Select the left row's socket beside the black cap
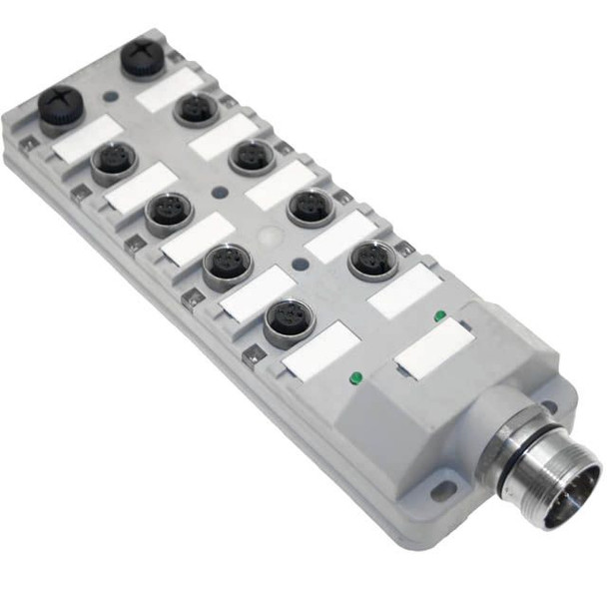(114, 161)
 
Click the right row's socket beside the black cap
(196, 107)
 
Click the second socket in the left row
(169, 212)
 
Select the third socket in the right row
(310, 206)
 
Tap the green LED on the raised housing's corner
(440, 316)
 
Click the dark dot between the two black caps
(110, 98)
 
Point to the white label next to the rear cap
(169, 91)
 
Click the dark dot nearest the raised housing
(301, 266)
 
